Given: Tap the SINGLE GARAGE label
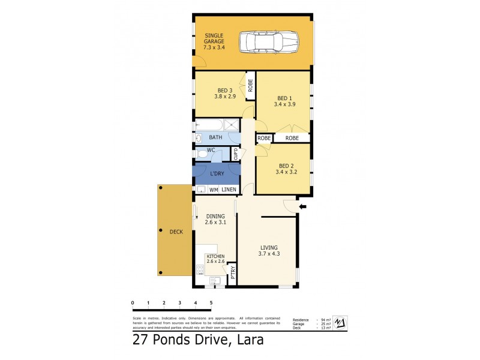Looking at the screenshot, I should coord(213,41).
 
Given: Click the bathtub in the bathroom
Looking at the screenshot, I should coord(208,127).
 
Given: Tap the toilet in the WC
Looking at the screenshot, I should coord(202,155).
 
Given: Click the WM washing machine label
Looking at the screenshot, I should coord(213,190).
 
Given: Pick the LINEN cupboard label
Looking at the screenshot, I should coord(229,190).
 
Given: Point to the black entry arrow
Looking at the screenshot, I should coord(302,207).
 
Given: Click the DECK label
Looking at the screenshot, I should coord(176,232).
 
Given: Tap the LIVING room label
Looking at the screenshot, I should coord(269,250).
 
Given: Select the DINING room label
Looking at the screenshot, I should coord(215,219).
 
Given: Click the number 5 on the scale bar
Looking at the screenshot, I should coord(211,303).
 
